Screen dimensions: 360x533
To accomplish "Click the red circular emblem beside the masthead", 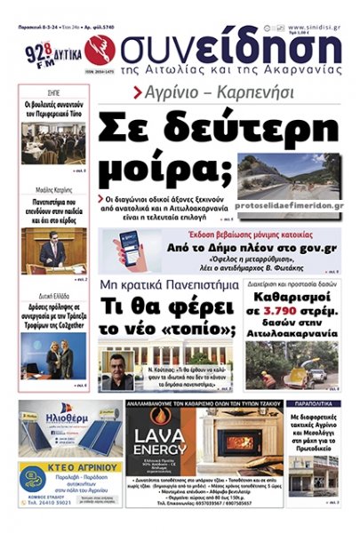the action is click(96, 50).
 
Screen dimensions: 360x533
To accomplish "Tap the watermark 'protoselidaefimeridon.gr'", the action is click(292, 204).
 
